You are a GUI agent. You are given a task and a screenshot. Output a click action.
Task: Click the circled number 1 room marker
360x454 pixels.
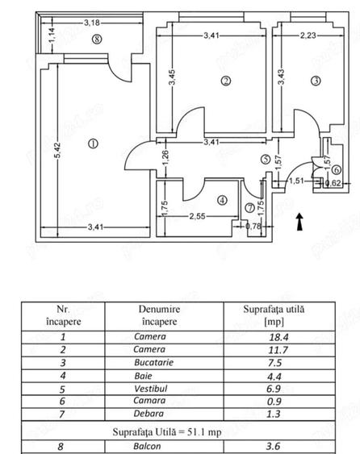(93, 144)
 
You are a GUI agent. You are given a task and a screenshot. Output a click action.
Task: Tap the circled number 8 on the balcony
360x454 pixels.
(97, 39)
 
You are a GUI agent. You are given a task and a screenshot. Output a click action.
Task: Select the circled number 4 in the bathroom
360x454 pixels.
(222, 200)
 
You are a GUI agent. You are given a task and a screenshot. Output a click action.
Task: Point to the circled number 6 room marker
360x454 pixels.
(337, 169)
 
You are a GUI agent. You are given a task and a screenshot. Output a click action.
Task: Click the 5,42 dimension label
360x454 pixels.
(57, 150)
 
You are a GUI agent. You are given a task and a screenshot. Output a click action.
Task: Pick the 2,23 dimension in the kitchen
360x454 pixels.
(308, 35)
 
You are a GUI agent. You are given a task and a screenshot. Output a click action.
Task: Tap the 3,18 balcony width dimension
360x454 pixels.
(92, 23)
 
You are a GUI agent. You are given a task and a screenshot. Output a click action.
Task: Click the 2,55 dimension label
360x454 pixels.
(197, 216)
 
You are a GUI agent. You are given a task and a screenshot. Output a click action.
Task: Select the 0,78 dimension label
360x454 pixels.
(253, 226)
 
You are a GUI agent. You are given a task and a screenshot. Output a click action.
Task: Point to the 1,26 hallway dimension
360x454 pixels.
(165, 158)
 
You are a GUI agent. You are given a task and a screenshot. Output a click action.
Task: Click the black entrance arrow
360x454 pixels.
(300, 222)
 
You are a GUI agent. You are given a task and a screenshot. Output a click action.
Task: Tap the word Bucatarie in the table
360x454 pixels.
(154, 363)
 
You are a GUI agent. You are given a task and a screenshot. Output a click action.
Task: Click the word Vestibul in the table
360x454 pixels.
(151, 389)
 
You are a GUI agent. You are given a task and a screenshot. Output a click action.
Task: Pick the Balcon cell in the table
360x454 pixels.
(147, 446)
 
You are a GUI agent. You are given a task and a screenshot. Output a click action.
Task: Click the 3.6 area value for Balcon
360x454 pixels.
(274, 446)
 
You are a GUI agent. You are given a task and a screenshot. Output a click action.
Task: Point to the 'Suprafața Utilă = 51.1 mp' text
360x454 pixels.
(167, 432)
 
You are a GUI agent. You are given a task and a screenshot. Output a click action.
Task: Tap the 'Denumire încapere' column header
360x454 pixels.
(160, 315)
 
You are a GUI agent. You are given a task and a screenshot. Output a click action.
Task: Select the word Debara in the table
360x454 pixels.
(149, 414)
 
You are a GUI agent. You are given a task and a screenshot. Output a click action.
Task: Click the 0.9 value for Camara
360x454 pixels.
(274, 402)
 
